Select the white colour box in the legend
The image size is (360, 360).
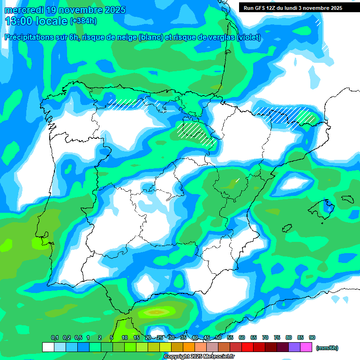pos(48,347)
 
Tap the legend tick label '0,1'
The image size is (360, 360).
pos(54,338)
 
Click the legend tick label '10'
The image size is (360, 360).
pos(125,338)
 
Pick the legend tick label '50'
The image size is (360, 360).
pos(218,338)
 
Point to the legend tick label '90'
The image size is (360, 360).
pos(312,338)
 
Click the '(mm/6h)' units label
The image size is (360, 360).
pos(327,348)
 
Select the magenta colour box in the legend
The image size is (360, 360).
pos(306,347)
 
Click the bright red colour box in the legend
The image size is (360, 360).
pos(247,347)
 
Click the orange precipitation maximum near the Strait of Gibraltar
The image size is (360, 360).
pos(157,311)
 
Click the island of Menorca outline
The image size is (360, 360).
pos(347,199)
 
